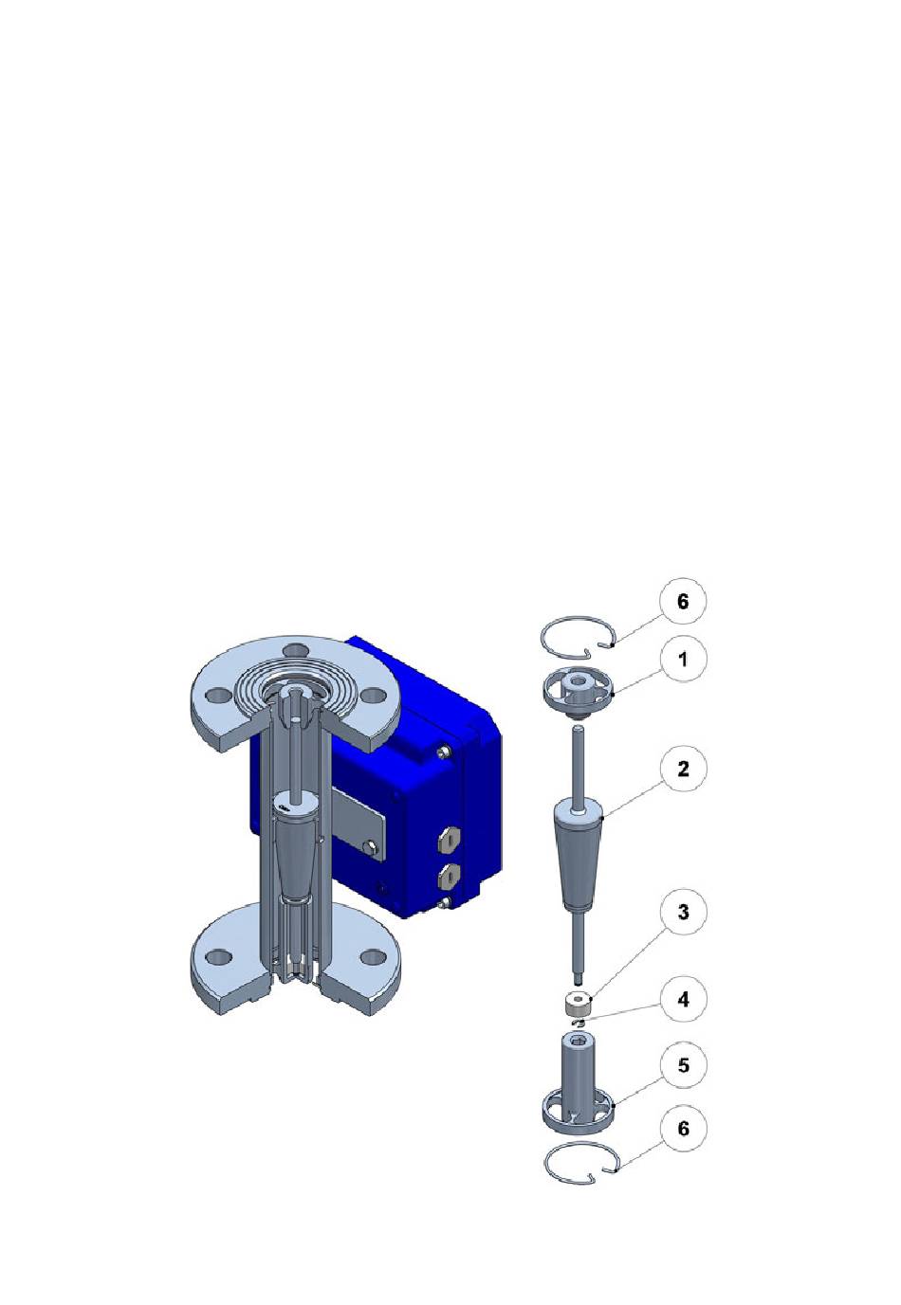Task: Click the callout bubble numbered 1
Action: tap(683, 660)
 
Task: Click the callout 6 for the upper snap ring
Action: tap(683, 601)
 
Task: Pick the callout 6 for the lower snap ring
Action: tap(683, 1128)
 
